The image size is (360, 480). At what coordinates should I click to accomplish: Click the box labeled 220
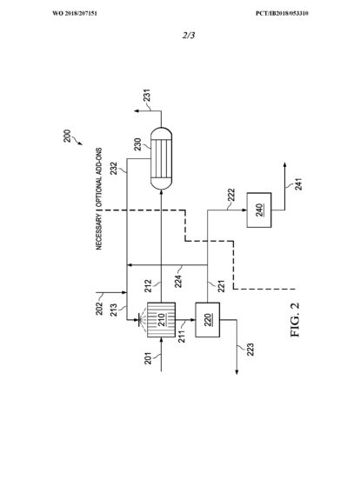tap(208, 320)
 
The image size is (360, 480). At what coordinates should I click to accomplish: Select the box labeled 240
tap(259, 210)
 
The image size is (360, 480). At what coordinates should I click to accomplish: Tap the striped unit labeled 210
tap(162, 320)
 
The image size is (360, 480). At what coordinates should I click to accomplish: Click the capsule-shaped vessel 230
tap(162, 158)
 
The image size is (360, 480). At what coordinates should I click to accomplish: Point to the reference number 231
tap(147, 95)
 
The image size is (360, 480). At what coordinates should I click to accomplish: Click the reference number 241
tap(299, 184)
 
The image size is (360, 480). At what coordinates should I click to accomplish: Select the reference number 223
tap(250, 350)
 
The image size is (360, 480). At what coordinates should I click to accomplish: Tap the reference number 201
tap(148, 358)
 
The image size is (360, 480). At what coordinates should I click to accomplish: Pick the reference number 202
tap(99, 309)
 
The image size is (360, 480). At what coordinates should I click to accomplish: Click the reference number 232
tap(114, 168)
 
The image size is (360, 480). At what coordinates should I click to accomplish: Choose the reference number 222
tap(231, 195)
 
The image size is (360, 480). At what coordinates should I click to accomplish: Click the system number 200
tap(67, 137)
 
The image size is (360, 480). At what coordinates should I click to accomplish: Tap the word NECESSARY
tap(99, 231)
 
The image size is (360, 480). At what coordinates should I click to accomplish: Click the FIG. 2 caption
tap(295, 320)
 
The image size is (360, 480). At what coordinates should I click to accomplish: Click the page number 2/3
tap(189, 36)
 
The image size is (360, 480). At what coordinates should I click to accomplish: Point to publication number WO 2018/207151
tap(75, 13)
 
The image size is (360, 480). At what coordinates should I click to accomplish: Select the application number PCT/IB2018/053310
tap(283, 13)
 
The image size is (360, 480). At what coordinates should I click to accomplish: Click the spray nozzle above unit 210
tap(141, 320)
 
